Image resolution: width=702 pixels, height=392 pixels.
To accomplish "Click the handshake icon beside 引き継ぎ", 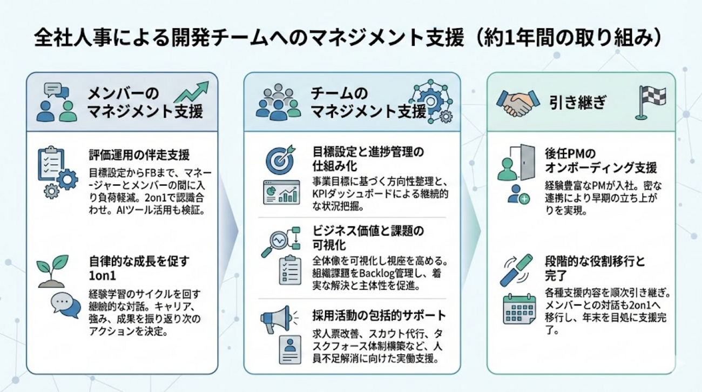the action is pos(518,103).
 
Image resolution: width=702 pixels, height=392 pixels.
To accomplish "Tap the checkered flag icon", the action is pos(651,102).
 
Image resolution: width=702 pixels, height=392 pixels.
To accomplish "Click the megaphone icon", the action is pos(278,319).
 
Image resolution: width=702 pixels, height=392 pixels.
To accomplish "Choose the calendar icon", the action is pos(519,309).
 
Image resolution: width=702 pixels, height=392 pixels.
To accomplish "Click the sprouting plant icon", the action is pos(52,272).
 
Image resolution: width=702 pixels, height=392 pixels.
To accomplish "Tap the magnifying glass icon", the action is pos(274,243).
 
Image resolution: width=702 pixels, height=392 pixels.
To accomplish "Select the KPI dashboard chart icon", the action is pos(281,192).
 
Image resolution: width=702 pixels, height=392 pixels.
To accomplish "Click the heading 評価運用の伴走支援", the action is pos(139,155).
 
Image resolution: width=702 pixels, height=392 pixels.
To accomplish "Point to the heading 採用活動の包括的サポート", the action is pos(379,315).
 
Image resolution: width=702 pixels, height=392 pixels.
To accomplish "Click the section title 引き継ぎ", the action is pos(578,103).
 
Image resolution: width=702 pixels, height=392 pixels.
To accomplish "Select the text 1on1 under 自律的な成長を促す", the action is pos(103,276).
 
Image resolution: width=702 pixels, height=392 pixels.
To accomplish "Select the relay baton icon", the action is pos(516,271).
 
